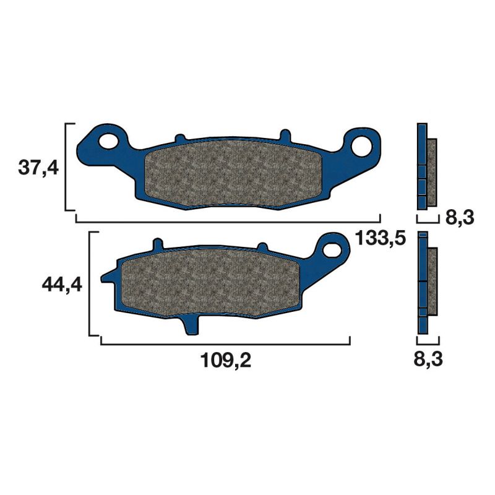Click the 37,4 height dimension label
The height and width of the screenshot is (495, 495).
coord(38,167)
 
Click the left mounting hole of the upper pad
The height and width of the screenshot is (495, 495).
coord(110,141)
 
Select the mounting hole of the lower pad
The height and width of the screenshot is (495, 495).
coord(334,246)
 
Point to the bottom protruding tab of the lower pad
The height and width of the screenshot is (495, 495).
coord(191,325)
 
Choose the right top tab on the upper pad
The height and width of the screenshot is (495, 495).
coord(285,135)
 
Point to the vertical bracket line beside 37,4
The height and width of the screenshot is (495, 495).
coord(66,167)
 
